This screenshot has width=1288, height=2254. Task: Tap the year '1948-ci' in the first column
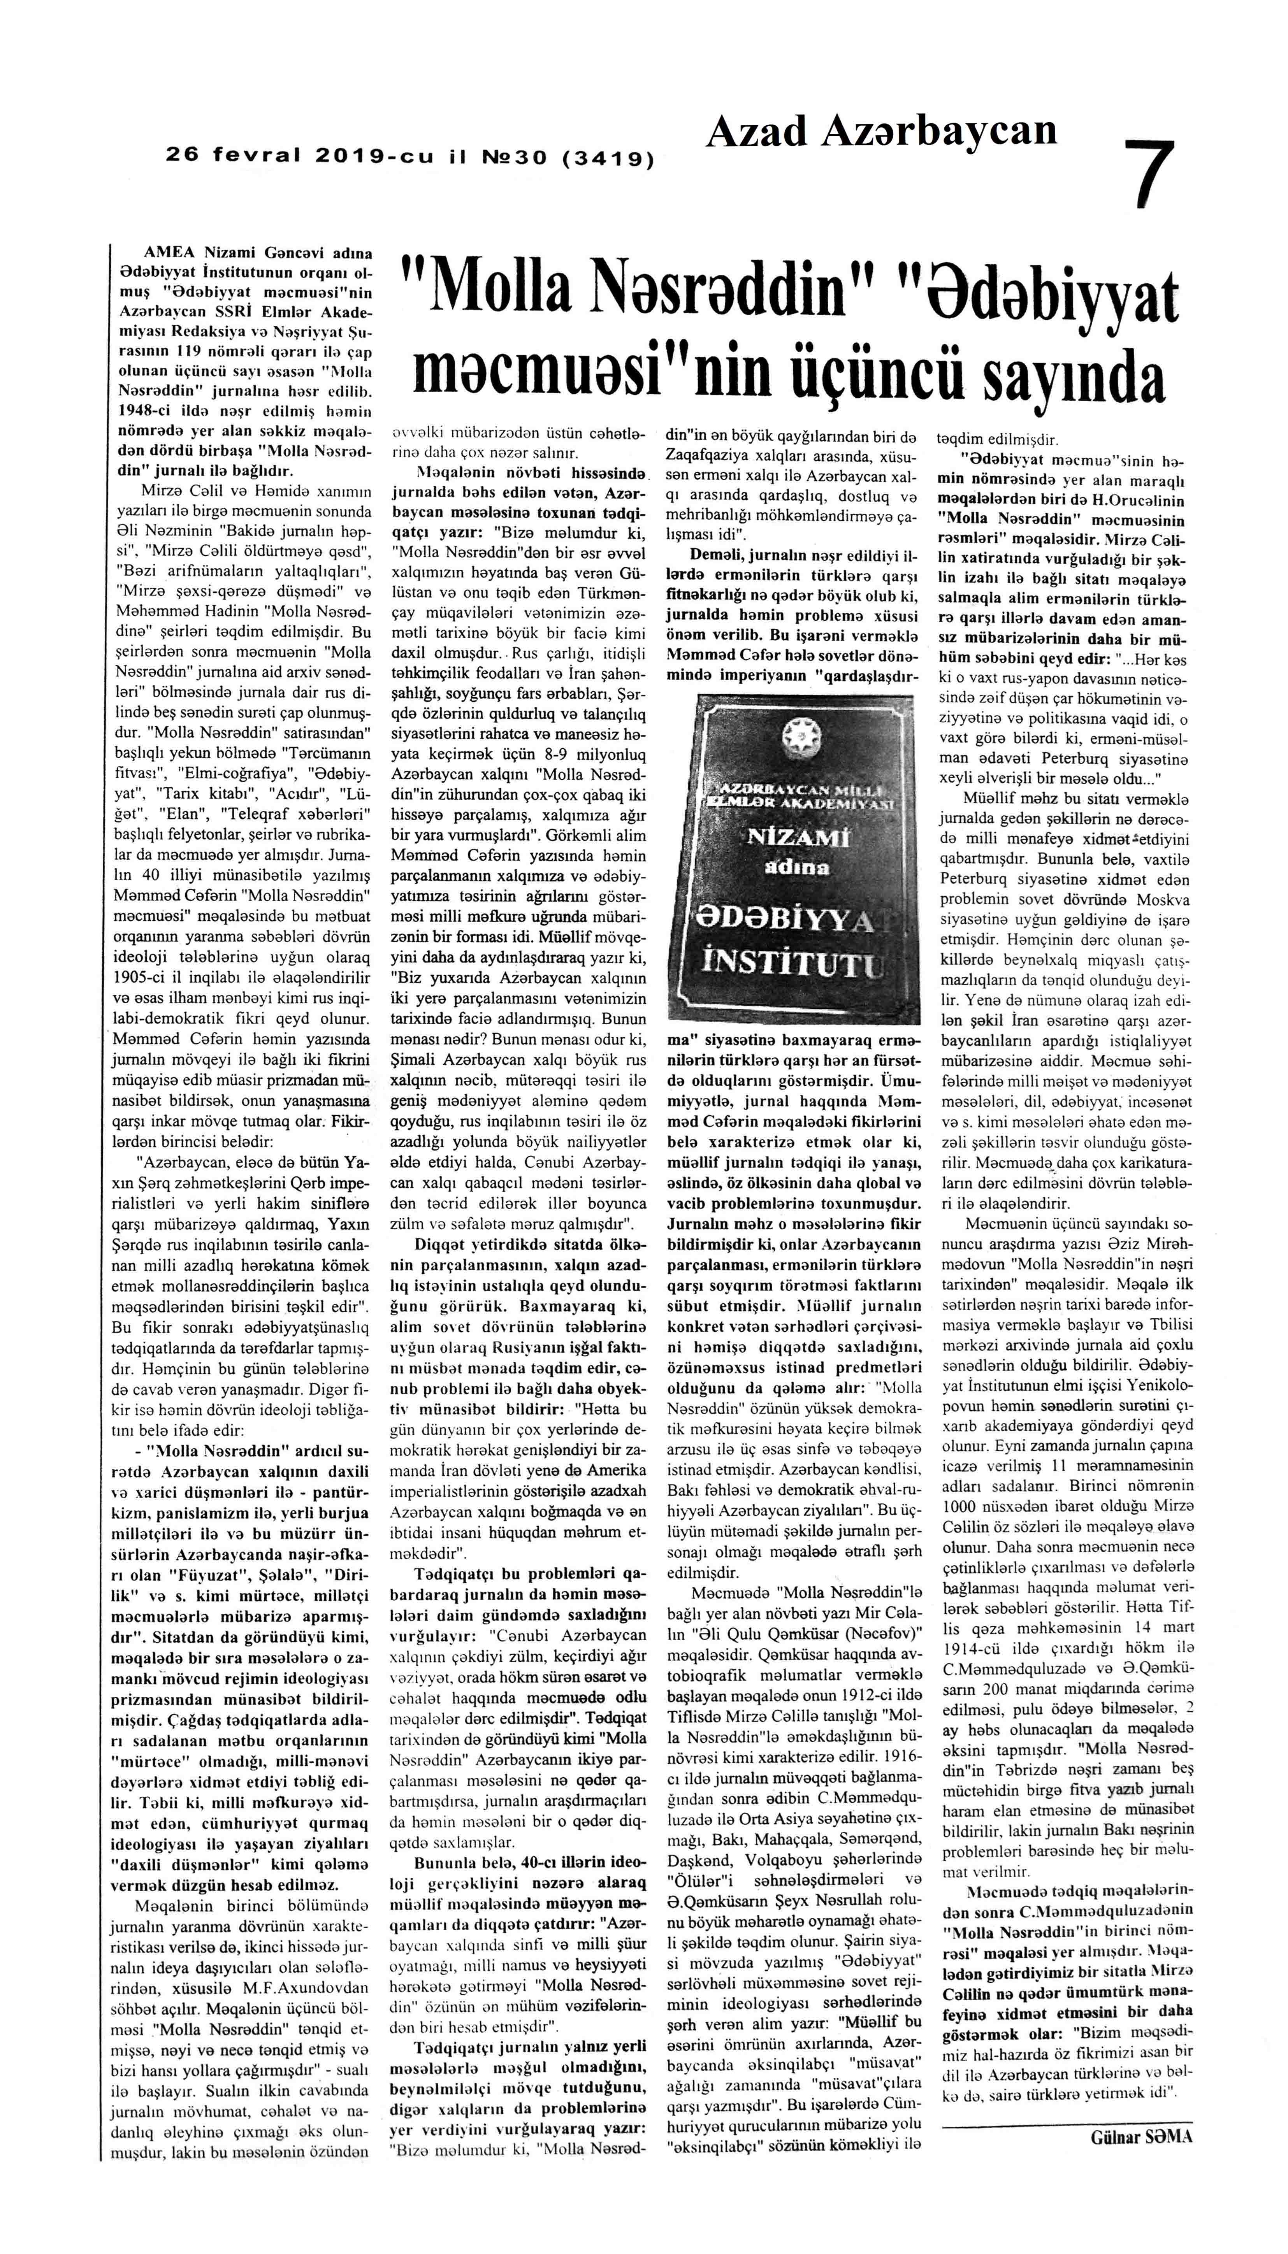click(144, 412)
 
